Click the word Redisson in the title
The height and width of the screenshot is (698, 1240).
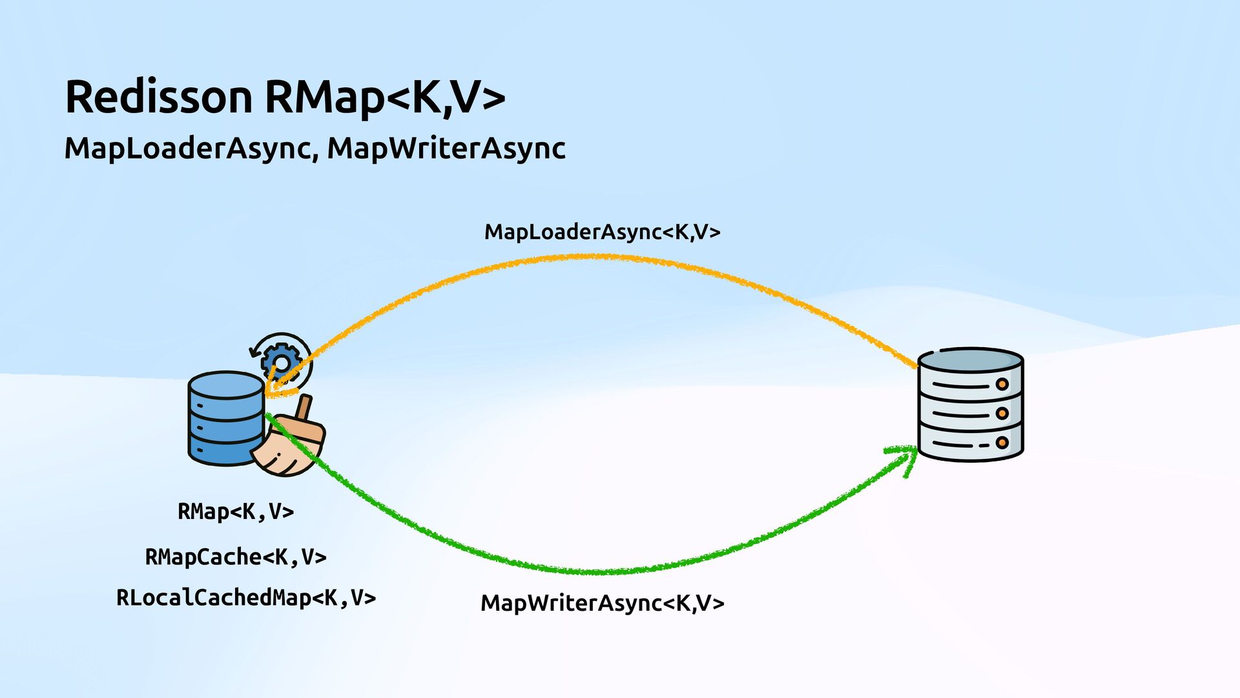[x=158, y=97]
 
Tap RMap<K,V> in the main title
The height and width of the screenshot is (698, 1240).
[x=384, y=97]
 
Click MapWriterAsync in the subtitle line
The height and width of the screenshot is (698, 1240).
[x=446, y=148]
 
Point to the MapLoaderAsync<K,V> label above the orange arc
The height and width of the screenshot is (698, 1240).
[x=602, y=231]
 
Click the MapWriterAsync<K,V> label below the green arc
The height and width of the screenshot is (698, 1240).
[x=602, y=603]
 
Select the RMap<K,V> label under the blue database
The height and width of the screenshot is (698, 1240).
[x=236, y=511]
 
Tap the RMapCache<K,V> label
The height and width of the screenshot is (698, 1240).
[x=236, y=556]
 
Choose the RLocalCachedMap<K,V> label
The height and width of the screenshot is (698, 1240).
[x=246, y=598]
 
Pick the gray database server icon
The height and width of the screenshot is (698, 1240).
[x=970, y=405]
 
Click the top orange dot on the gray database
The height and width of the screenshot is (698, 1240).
[x=1002, y=385]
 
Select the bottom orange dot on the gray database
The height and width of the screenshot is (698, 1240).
[x=1002, y=443]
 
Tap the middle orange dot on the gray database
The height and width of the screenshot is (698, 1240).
[x=1002, y=414]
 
